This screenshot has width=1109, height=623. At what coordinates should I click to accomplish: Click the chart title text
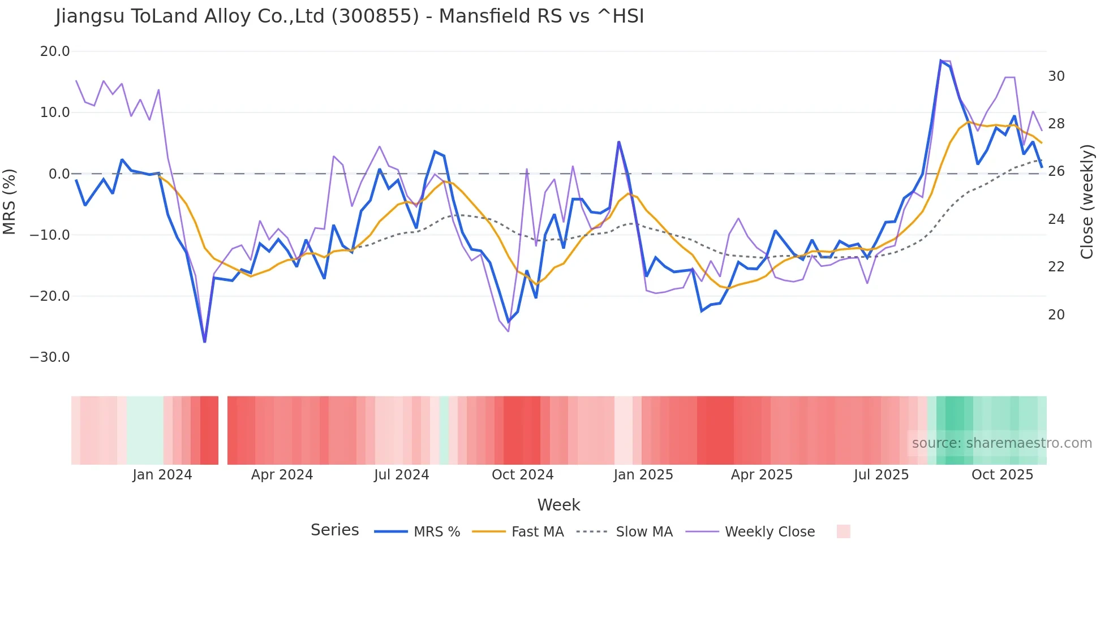pos(350,16)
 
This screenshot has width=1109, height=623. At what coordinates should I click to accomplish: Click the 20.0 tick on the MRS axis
pos(55,51)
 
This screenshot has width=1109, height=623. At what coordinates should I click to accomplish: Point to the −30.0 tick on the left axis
pos(50,357)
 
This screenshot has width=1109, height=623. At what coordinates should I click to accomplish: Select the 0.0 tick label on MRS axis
pos(59,174)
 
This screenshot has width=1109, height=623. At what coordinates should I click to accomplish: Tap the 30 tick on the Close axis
pos(1056,76)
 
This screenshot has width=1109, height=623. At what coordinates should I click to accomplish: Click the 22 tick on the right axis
pos(1056,267)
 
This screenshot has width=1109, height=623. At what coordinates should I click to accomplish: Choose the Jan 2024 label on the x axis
pos(162,475)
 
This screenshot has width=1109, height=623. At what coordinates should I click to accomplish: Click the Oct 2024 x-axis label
pos(522,475)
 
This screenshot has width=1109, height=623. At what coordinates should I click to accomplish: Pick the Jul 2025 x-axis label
pos(881,475)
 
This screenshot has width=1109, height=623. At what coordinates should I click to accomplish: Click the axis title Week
pos(558,505)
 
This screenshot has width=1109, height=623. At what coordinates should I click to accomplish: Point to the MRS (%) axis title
pos(10,201)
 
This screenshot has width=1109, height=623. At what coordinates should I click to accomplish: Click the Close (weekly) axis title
pos(1087,202)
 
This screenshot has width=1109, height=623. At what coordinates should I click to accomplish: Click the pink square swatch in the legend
pos(843,531)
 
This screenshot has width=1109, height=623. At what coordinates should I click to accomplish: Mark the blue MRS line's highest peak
pos(941,61)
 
